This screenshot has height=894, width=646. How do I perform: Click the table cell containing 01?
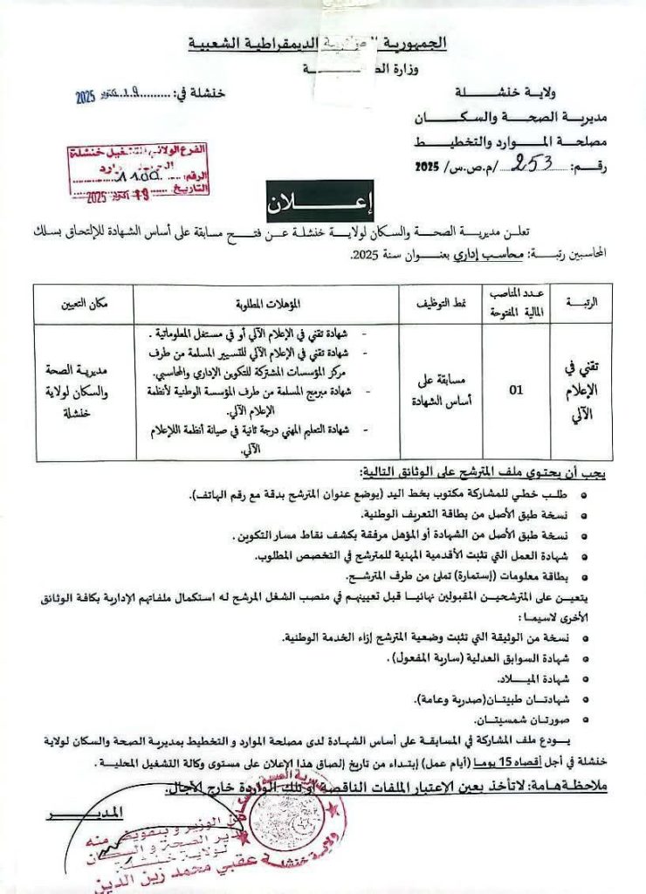[x=516, y=390]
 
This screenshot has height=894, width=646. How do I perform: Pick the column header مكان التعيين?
[x=85, y=304]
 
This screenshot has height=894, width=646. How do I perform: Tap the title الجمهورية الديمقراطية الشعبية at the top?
[x=318, y=43]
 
